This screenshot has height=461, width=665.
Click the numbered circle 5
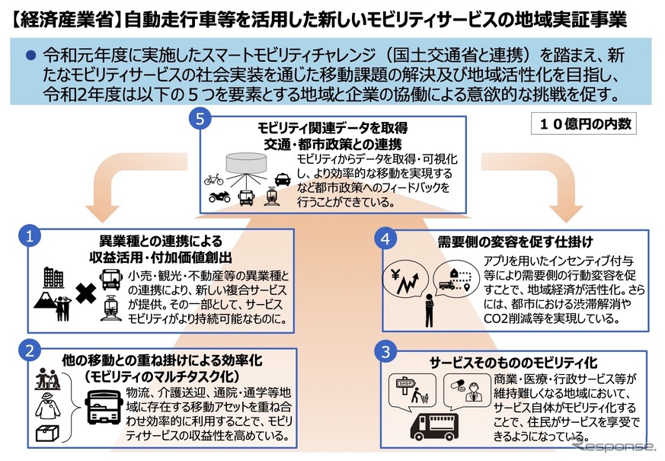coord(199,120)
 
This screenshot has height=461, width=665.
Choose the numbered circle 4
coord(388,238)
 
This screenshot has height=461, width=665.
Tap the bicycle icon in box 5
coord(214,181)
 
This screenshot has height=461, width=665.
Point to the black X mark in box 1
coord(86,293)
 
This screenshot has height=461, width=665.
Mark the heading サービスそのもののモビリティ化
coord(514,360)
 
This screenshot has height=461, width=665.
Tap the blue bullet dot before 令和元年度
coord(31,55)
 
